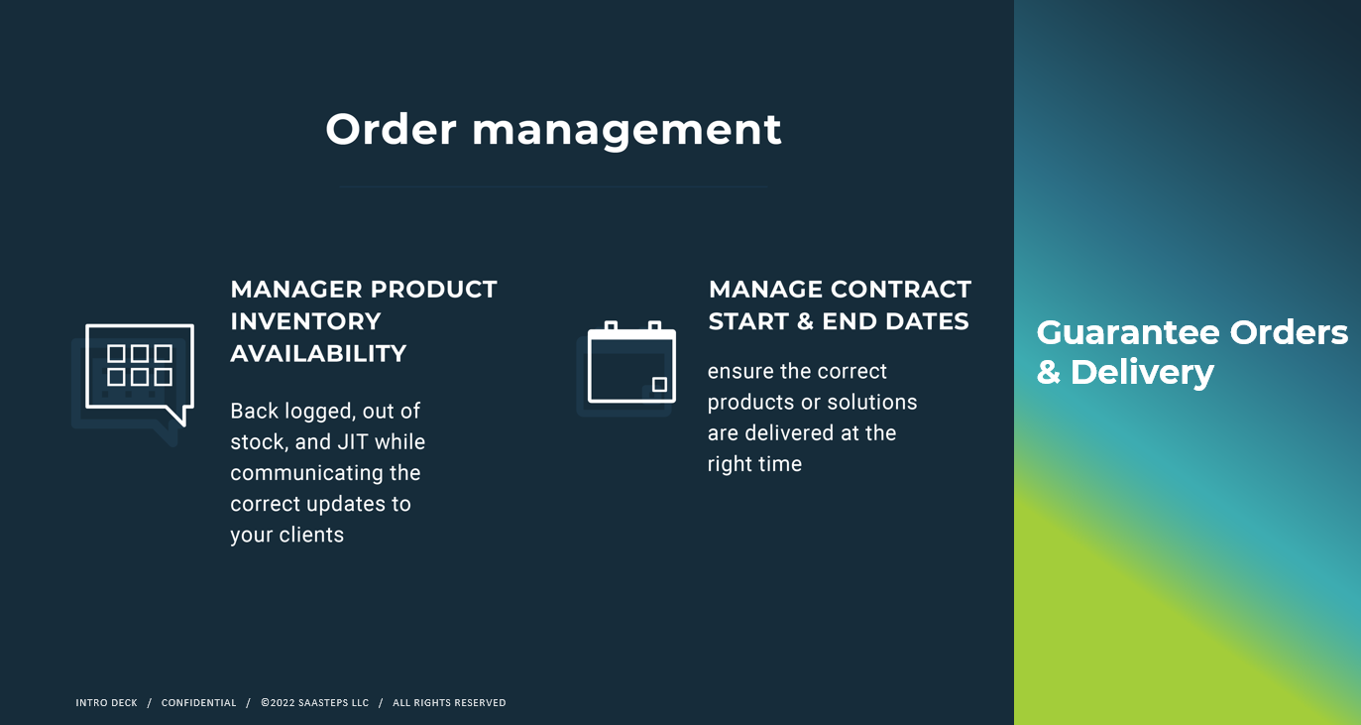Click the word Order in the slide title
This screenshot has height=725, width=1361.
click(x=391, y=129)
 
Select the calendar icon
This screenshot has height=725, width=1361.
click(x=631, y=362)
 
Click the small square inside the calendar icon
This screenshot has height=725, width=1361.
click(x=659, y=384)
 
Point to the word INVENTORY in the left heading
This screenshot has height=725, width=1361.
click(x=305, y=321)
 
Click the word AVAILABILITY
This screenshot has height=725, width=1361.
click(x=318, y=354)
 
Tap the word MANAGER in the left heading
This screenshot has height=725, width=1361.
click(x=296, y=290)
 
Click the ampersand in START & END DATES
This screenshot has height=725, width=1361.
click(x=805, y=321)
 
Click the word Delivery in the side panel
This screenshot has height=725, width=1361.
click(x=1142, y=372)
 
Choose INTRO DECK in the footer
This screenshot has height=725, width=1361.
click(x=106, y=703)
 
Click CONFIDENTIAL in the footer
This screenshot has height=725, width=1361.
click(x=198, y=703)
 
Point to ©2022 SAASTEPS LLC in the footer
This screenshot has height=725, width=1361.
click(x=315, y=703)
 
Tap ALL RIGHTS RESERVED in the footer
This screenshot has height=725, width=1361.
click(x=449, y=703)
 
